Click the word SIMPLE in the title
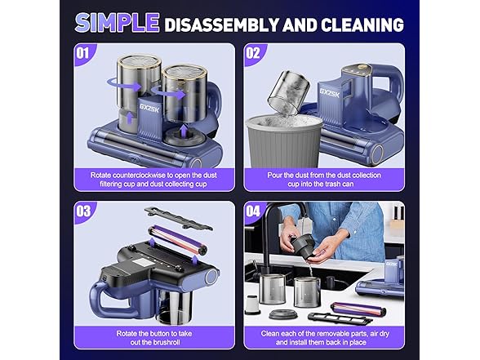(118, 23)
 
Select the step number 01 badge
(82, 53)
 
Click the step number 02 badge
(253, 53)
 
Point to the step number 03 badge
(83, 211)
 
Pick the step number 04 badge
(253, 211)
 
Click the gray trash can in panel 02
(284, 140)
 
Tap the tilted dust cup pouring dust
(288, 92)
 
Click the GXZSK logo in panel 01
(149, 108)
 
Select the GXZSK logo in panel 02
(330, 93)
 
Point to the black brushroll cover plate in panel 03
(178, 218)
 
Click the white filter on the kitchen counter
(252, 304)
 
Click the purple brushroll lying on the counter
(358, 309)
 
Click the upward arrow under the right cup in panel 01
(183, 131)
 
